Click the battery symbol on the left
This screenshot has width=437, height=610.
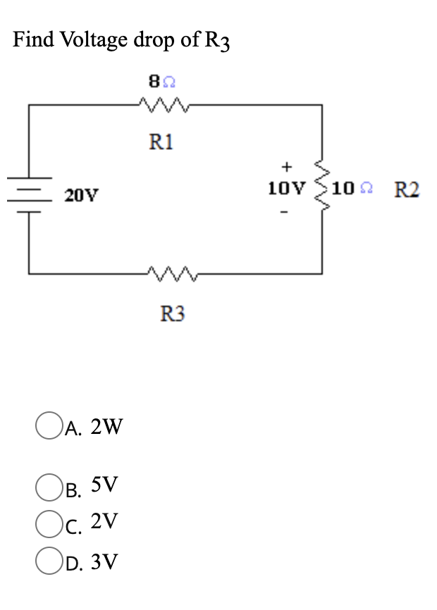(x=29, y=189)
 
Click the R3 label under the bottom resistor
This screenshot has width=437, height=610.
(x=171, y=313)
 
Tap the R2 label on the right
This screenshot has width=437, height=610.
(x=407, y=189)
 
